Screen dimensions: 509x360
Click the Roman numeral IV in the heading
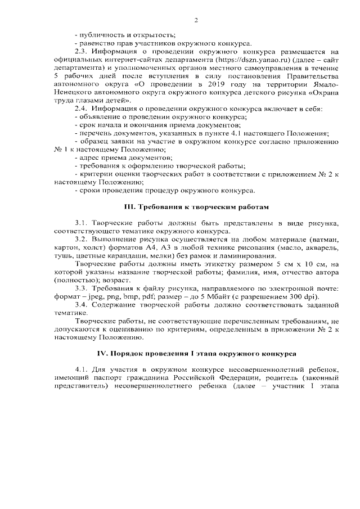click(103, 353)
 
